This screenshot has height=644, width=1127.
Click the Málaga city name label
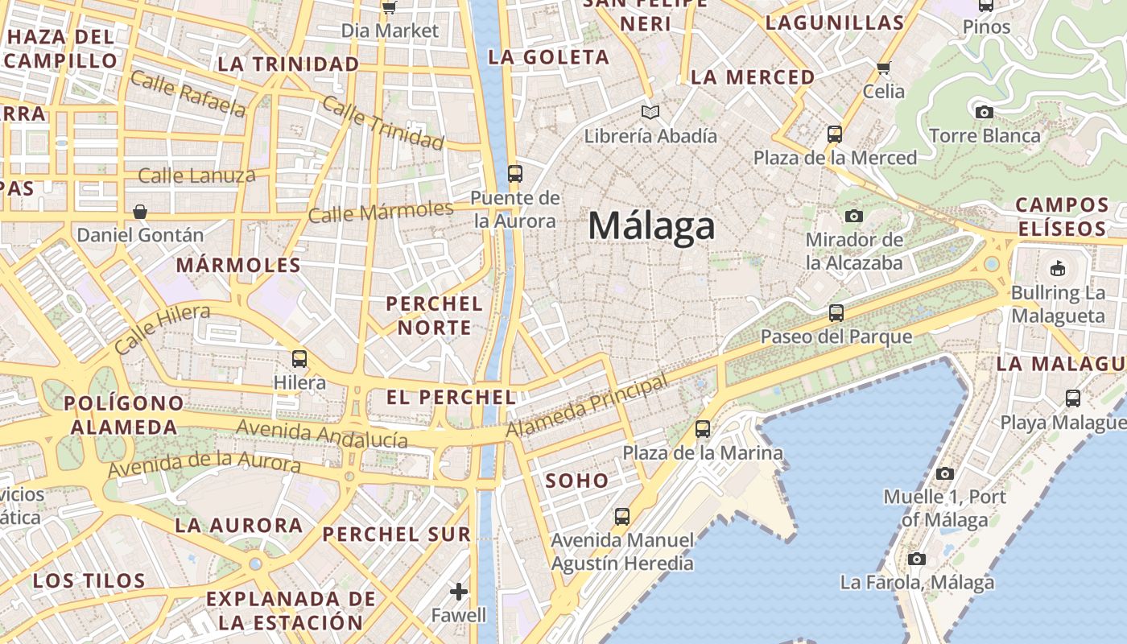pos(651,226)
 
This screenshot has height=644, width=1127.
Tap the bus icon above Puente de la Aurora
pos(515,173)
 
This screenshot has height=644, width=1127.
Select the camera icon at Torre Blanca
pos(984,112)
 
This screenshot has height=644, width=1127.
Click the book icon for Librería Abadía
pos(650,112)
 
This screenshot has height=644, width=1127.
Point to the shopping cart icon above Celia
pos(884,68)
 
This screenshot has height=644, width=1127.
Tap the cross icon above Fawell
pos(459,592)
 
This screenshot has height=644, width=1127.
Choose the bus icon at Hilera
pos(299,358)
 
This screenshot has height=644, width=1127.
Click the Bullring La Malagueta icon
pos(1058,268)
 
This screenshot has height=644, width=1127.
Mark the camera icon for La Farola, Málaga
pos(916,559)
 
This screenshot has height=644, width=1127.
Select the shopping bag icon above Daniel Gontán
pos(140,212)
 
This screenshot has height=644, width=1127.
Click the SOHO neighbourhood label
pos(577,481)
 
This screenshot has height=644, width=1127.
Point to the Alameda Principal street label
pos(587,407)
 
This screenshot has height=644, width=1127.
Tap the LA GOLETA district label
pos(549,57)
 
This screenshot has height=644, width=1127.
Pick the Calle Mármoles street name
pos(381,213)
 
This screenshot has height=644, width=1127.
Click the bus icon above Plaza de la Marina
pos(703,429)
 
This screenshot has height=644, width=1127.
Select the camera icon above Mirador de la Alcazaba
pos(853,216)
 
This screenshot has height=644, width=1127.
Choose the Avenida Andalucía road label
pos(322,434)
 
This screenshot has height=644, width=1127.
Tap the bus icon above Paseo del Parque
pos(836,313)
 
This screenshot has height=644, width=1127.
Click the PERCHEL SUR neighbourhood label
pos(397,534)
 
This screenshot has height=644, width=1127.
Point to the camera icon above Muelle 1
pos(944,473)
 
